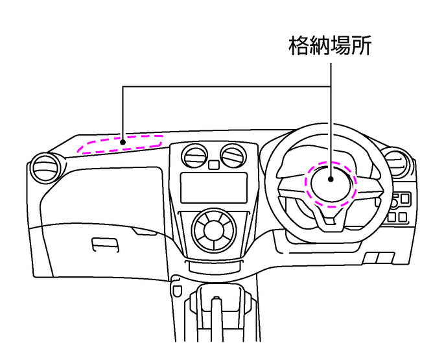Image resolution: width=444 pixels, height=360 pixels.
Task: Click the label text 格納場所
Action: (330, 46)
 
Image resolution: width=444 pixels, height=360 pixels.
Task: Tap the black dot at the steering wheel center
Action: (331, 179)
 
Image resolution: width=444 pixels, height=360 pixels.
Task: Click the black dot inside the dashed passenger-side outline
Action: (123, 142)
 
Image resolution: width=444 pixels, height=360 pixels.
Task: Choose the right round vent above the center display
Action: (233, 156)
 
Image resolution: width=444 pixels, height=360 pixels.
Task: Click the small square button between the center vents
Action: (214, 165)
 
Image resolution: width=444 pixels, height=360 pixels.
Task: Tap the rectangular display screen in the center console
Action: (214, 187)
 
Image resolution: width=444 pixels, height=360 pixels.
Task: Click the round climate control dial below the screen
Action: (214, 230)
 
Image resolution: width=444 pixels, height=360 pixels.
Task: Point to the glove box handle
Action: (105, 245)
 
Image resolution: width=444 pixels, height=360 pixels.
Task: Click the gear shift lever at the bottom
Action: (216, 317)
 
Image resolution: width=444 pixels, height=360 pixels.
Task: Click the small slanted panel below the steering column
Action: (379, 258)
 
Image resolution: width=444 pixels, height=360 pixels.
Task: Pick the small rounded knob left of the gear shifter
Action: (177, 291)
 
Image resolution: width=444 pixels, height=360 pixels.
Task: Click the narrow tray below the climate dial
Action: (214, 266)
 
